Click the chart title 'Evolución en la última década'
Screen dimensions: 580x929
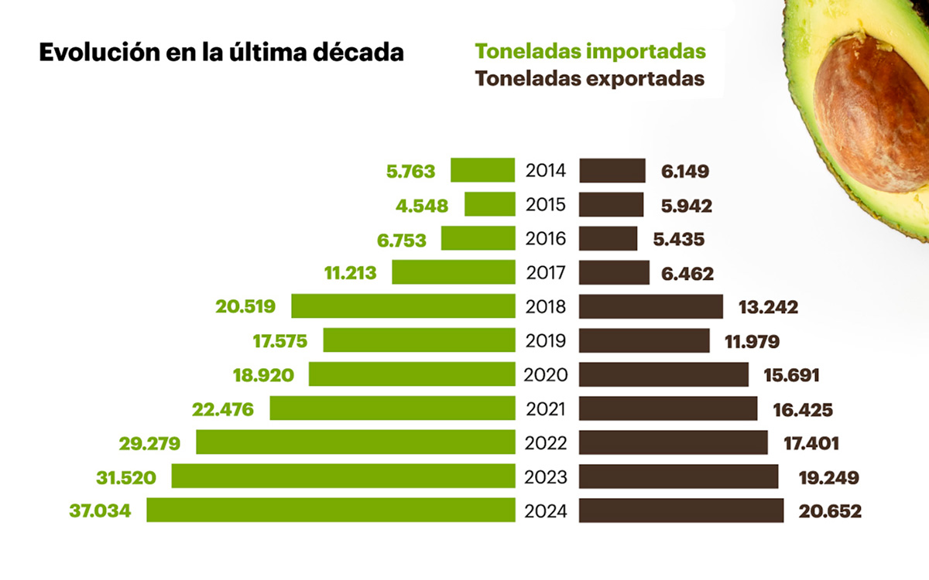tap(221, 53)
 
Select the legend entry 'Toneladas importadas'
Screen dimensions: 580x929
tap(590, 51)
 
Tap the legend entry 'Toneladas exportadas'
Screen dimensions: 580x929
tap(590, 79)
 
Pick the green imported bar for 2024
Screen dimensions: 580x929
tap(331, 510)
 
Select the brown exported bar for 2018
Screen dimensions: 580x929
tap(651, 306)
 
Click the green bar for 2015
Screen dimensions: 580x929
tap(489, 204)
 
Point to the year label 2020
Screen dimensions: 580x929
tap(547, 375)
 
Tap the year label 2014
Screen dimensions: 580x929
tap(547, 171)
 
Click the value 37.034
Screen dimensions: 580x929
tap(100, 511)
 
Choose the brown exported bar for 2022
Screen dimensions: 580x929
tap(674, 442)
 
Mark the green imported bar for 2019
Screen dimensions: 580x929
tap(419, 340)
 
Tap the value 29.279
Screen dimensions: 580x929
tap(149, 443)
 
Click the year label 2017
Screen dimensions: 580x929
tap(547, 273)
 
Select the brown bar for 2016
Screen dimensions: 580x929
tap(608, 238)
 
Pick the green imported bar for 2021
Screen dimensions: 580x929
tap(392, 408)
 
